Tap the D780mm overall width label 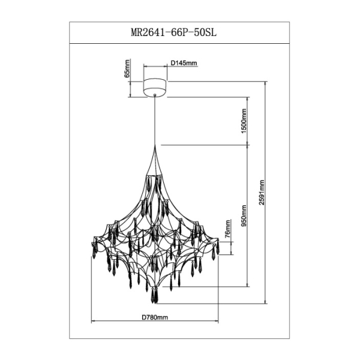coord(155,316)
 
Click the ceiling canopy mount coord(156,86)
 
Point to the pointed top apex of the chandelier coord(156,146)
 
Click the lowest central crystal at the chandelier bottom coord(156,296)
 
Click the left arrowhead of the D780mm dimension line coord(92,322)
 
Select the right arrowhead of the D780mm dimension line coord(218,322)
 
